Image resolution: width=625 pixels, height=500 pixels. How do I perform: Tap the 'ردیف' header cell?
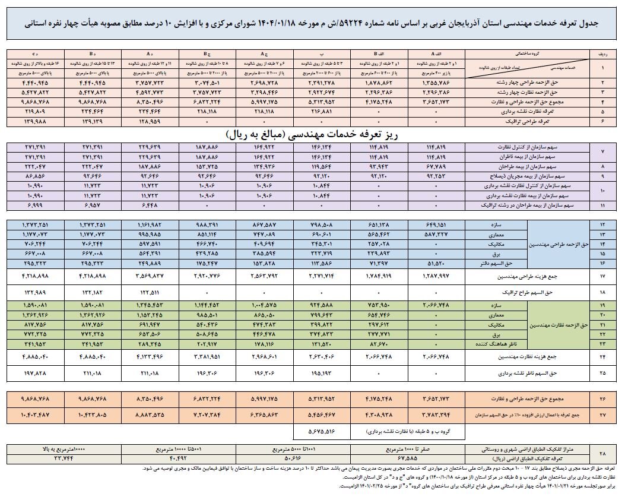(602, 52)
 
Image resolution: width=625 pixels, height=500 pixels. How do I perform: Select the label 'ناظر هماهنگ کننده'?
(505, 343)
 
